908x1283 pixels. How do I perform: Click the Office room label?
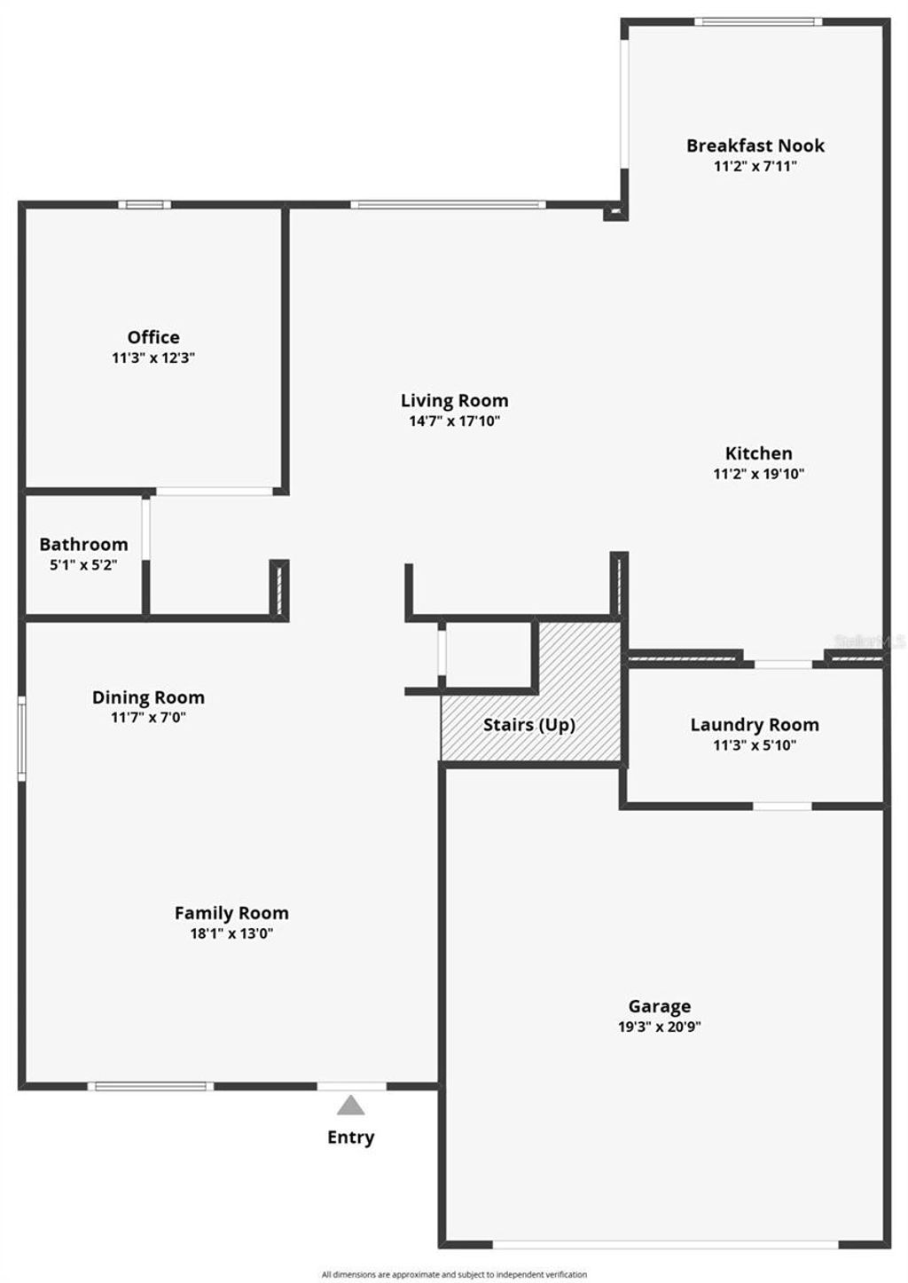[x=153, y=337]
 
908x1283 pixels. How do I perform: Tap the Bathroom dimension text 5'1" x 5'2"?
[x=83, y=564]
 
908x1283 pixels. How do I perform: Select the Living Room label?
[x=454, y=401]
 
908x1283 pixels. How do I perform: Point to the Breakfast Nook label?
[x=755, y=146]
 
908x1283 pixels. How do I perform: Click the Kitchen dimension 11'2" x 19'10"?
[x=758, y=474]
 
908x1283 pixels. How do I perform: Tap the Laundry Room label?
[x=755, y=725]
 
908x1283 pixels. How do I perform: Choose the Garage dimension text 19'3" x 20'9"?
[x=660, y=1027]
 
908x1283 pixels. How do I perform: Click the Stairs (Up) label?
[x=529, y=725]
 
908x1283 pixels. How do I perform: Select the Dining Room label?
[x=148, y=697]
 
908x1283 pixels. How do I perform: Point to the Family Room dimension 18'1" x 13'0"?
[x=231, y=933]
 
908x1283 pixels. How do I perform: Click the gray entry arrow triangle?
[x=351, y=1106]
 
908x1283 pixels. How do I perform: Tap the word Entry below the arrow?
[x=351, y=1137]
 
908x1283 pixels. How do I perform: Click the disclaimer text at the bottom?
[x=454, y=1275]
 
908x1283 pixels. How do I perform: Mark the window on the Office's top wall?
[x=145, y=205]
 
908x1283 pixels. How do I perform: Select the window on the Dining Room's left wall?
[x=22, y=739]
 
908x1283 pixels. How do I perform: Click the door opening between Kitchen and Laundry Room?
[x=783, y=664]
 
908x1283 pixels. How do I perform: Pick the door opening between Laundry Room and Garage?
[x=782, y=806]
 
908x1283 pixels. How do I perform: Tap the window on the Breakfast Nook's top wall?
[x=757, y=21]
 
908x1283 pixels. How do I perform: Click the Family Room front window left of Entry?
[x=151, y=1086]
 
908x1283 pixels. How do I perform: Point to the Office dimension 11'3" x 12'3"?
[x=153, y=358]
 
